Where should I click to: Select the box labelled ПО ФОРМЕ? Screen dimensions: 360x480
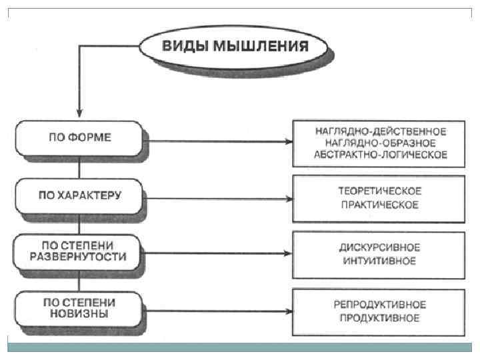[x=79, y=138]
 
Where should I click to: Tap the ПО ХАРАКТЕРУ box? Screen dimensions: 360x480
[x=79, y=195]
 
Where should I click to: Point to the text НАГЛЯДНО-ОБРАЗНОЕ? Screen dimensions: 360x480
[x=380, y=143]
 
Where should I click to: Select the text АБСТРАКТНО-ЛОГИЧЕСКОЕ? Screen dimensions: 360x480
[x=380, y=155]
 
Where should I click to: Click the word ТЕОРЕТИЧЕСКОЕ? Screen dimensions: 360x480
[x=379, y=191]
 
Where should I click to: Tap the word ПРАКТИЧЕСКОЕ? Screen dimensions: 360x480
[x=379, y=205]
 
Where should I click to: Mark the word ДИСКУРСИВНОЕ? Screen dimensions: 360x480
[x=379, y=247]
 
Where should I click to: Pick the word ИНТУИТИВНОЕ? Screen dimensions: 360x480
[x=379, y=260]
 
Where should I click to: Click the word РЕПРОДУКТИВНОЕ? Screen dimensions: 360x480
[x=379, y=305]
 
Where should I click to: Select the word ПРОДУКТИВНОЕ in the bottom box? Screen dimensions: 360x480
[x=379, y=318]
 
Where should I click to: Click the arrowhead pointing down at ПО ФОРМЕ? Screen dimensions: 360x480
[x=79, y=111]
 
